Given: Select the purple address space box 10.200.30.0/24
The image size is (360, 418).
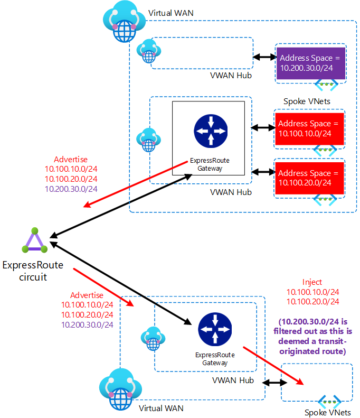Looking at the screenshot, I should (x=310, y=62).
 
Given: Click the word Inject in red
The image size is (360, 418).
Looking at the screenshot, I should (x=312, y=282).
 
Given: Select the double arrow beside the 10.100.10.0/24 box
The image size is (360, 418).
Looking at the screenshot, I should (x=262, y=128).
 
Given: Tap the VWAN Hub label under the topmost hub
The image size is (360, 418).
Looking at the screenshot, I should (x=230, y=76).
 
